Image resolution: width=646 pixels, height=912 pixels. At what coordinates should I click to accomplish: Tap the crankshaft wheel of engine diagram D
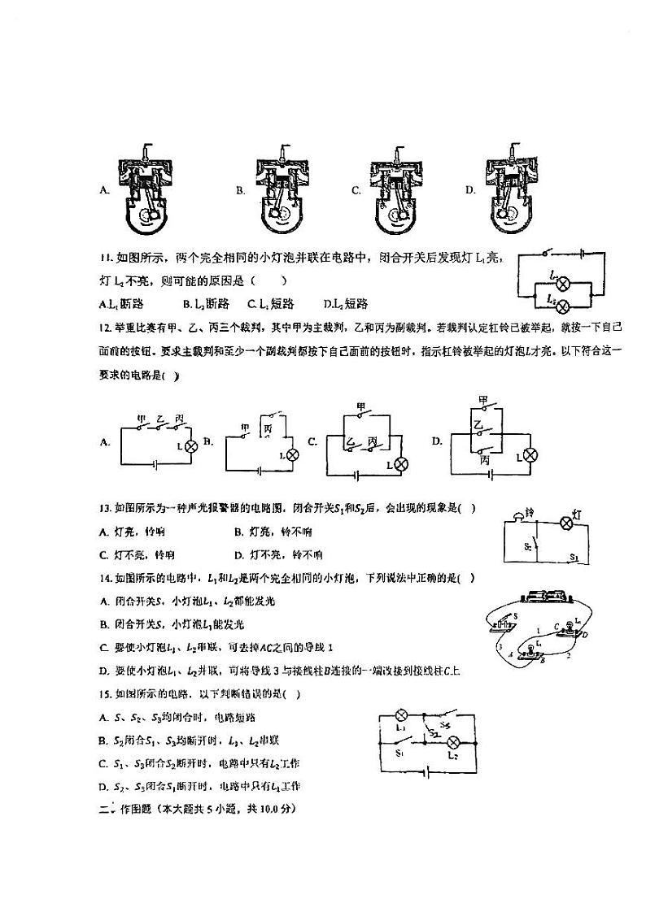[511, 215]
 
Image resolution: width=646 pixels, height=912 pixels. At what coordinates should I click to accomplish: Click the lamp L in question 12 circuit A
[191, 447]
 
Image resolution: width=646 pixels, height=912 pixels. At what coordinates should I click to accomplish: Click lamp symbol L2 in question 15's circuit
[456, 744]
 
